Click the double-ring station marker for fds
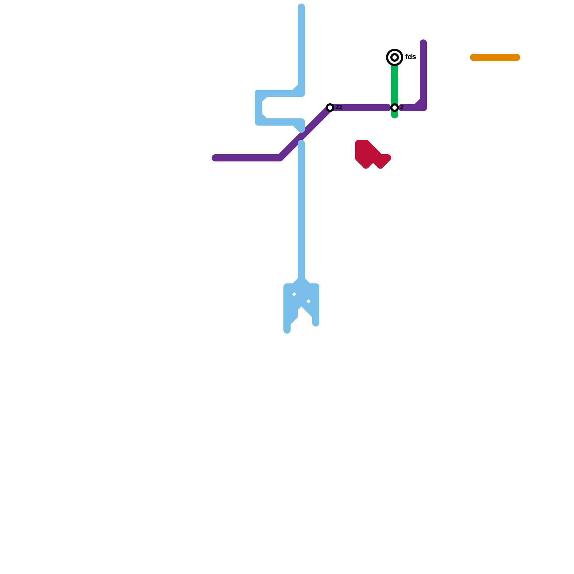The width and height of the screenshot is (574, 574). coord(395,57)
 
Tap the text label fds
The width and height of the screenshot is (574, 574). coord(410,57)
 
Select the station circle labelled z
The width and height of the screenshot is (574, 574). coord(395,108)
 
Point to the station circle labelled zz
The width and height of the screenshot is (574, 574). coord(330,108)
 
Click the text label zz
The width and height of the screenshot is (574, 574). coord(339,107)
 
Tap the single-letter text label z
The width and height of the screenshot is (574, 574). coord(402,107)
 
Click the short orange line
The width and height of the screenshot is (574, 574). coord(495,57)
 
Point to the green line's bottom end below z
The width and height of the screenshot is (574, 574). coord(395,116)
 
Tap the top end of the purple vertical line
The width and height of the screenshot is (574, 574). coord(423,43)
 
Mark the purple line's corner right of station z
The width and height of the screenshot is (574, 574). coord(423,107)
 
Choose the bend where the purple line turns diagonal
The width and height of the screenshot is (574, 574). coord(281,157)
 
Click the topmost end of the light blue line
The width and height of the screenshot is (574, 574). coord(301,6)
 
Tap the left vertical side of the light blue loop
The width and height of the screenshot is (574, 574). coord(258,108)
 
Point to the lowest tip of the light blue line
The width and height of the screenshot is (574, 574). coord(287,330)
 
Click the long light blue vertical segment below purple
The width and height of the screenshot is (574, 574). coord(301,215)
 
